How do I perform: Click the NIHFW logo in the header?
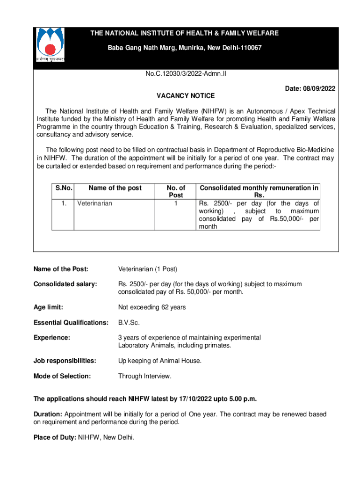tap(50, 45)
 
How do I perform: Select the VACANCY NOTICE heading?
tap(185, 96)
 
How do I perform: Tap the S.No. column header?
tap(64, 188)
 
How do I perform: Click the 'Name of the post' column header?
tap(115, 188)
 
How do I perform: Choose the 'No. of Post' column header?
tap(176, 191)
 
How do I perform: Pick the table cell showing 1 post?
tap(176, 203)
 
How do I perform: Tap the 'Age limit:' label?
tap(48, 307)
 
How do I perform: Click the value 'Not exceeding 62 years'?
tap(152, 307)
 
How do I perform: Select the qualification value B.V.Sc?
tap(129, 322)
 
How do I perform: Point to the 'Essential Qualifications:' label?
tap(71, 322)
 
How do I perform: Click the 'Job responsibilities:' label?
tap(65, 361)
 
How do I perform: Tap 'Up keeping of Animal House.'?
tap(159, 361)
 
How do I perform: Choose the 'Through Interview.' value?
tap(144, 376)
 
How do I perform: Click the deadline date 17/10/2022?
tap(197, 399)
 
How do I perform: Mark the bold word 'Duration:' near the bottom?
tap(48, 414)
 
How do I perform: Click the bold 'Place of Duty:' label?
tap(55, 437)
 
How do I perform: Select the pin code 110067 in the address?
tap(248, 48)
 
